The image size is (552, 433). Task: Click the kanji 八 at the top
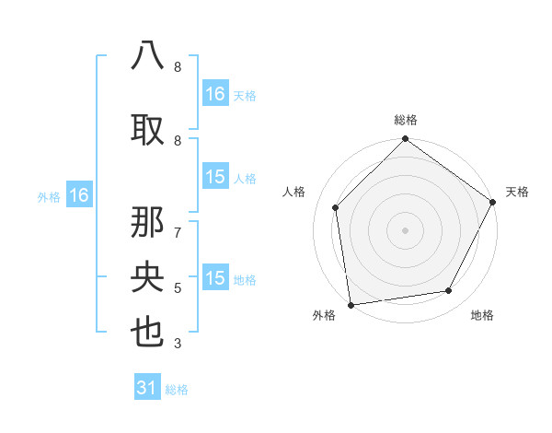148,56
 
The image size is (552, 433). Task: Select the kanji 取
148,129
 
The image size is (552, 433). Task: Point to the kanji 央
148,277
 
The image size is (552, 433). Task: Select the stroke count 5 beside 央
178,288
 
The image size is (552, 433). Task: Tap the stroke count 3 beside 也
178,344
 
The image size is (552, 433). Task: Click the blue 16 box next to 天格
215,94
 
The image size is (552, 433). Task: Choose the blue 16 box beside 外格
78,195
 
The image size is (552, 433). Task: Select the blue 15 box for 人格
215,178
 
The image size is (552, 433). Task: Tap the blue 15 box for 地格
215,278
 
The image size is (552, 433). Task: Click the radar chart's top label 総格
406,120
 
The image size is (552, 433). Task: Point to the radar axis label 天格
517,192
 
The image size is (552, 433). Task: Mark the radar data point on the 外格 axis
351,304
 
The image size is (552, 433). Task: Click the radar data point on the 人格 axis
336,207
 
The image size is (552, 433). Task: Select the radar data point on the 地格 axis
449,290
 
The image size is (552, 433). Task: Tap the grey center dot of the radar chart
406,229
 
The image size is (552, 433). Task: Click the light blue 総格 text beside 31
177,390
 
